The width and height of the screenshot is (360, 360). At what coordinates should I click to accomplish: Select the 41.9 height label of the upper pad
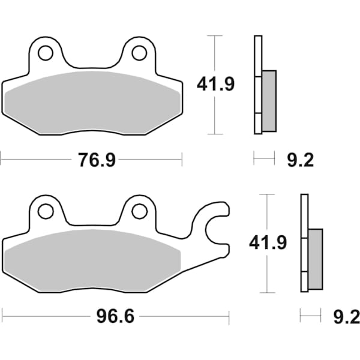click(x=216, y=85)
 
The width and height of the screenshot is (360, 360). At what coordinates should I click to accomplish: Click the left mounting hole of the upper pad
click(x=45, y=53)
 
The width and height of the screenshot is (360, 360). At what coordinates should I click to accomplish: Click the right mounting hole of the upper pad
click(x=139, y=53)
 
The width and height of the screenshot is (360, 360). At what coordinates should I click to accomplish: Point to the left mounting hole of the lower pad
click(x=45, y=211)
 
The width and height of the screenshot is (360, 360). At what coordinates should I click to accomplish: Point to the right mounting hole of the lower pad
click(x=139, y=211)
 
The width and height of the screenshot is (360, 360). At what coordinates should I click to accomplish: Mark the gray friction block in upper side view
click(x=269, y=100)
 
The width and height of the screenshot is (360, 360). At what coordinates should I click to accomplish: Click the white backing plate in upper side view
click(x=257, y=60)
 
